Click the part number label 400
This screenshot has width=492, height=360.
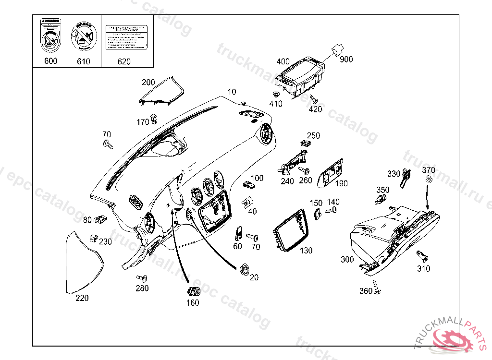coord(283,61)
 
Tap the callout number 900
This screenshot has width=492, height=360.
coord(346,60)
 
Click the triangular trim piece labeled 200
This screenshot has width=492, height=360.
coord(163,91)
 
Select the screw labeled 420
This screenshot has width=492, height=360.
coord(314,99)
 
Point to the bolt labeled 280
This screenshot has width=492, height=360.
coord(141,278)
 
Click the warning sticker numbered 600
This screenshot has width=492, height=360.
coord(50,36)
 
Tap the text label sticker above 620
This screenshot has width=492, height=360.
coord(125,36)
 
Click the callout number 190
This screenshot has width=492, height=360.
coord(342,183)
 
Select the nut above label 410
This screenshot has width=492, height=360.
coord(276,94)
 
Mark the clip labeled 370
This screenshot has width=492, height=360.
coord(427,180)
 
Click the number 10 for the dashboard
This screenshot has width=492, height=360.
coord(232,92)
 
